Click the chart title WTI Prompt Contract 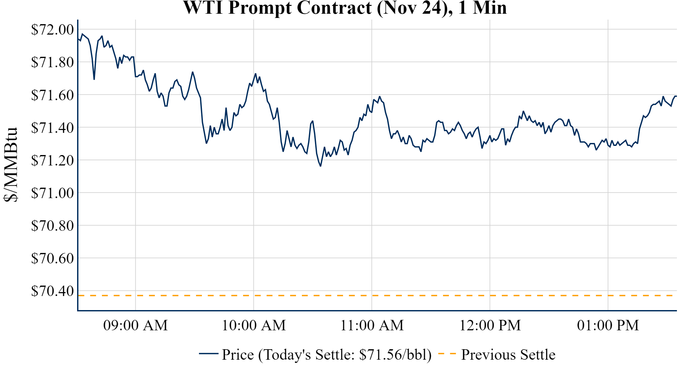(345, 8)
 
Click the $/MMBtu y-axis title (10, 165)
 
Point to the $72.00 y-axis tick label (52, 29)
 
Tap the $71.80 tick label (52, 62)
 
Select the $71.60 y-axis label (52, 95)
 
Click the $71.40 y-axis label (52, 128)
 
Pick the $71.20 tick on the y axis (52, 160)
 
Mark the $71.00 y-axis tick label (52, 193)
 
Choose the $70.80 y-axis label (52, 226)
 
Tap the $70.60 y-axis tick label (52, 258)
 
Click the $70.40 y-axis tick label (52, 291)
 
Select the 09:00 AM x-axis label (135, 325)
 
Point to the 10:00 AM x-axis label (254, 325)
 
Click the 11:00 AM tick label (372, 325)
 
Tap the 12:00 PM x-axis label (490, 325)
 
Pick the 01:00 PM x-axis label (608, 325)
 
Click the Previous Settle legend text (508, 354)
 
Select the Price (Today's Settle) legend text (327, 354)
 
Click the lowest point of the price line (320, 166)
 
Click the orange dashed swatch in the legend (447, 353)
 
